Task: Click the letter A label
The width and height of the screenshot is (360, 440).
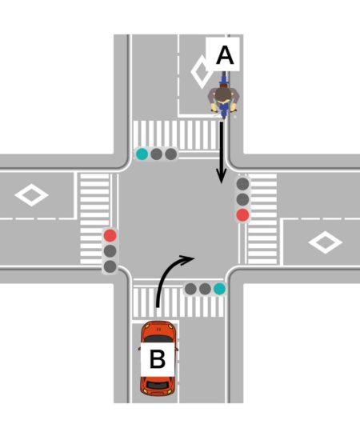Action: click(225, 55)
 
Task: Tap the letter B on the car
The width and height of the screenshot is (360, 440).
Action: click(158, 359)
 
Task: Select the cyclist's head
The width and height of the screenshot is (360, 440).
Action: click(222, 95)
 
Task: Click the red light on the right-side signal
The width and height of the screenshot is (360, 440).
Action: click(242, 214)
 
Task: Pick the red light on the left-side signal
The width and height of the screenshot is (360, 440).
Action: click(110, 235)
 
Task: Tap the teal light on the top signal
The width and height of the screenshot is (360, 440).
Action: click(142, 154)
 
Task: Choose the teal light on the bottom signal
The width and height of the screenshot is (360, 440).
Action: click(219, 289)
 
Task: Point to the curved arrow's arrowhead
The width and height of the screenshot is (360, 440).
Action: click(187, 258)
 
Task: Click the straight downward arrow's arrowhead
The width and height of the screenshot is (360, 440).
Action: click(222, 177)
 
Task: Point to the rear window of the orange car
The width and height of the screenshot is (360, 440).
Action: click(158, 385)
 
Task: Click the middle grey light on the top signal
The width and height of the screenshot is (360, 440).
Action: click(156, 154)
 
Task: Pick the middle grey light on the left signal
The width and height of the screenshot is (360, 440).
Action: click(110, 250)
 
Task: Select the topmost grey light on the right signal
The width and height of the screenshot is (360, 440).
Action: click(242, 184)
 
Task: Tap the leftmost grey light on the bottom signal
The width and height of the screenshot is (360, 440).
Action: click(191, 289)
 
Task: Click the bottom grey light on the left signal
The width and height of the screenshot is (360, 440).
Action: click(110, 266)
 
